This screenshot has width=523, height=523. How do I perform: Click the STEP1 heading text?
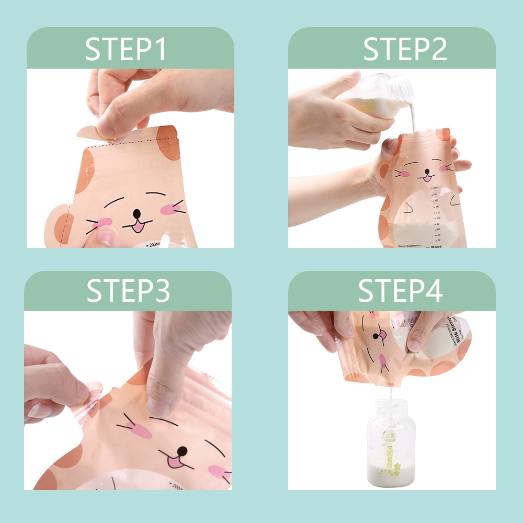point(126,49)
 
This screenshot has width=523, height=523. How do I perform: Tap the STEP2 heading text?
point(405,49)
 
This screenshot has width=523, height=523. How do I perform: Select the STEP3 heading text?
point(128,291)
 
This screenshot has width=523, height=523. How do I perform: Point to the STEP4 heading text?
point(400,291)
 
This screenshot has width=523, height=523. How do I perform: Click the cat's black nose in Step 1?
point(137,213)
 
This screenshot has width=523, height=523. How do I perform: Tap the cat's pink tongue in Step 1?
point(138,226)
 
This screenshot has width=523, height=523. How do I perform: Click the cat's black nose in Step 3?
point(182,451)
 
